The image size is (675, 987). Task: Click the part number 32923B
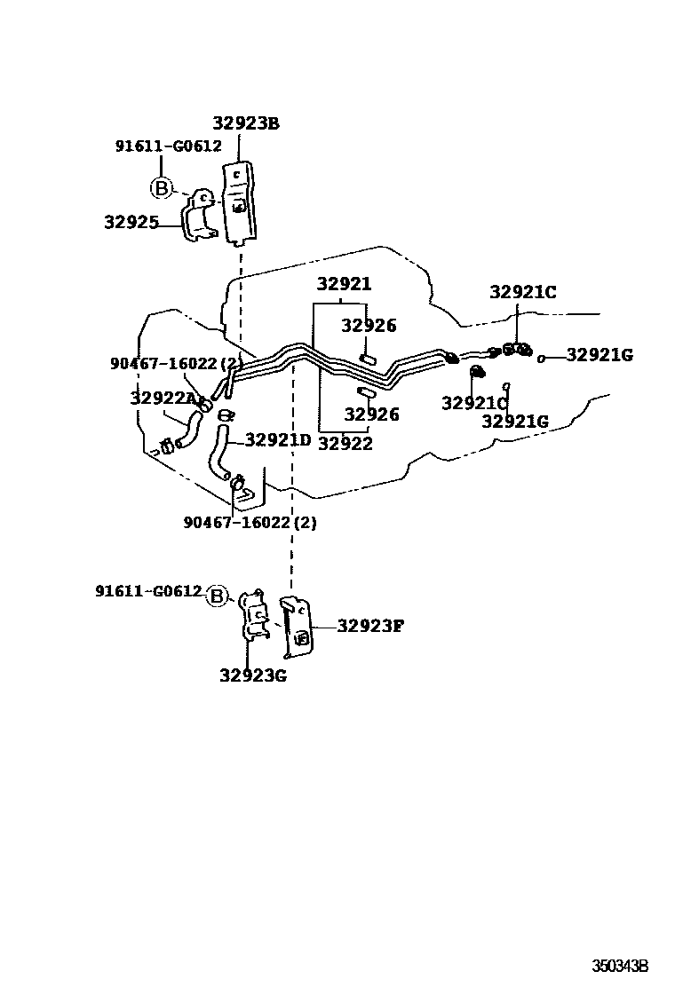click(x=245, y=123)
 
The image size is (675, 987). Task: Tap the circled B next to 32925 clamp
click(x=161, y=187)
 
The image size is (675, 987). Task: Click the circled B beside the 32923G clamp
click(x=218, y=596)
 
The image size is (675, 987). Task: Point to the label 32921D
click(x=278, y=439)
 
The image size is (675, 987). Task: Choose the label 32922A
click(x=163, y=399)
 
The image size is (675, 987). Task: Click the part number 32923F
click(x=369, y=626)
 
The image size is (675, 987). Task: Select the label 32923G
click(x=253, y=675)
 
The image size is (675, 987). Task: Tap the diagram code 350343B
click(x=621, y=965)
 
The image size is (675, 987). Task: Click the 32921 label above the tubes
click(x=345, y=284)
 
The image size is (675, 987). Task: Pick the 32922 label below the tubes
click(x=345, y=444)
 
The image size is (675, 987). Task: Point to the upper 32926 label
click(x=369, y=326)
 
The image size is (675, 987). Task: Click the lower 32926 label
click(x=371, y=414)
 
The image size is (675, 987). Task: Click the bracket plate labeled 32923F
click(x=297, y=627)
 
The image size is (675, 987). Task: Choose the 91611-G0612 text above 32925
click(x=168, y=146)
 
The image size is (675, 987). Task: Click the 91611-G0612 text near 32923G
click(x=149, y=591)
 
